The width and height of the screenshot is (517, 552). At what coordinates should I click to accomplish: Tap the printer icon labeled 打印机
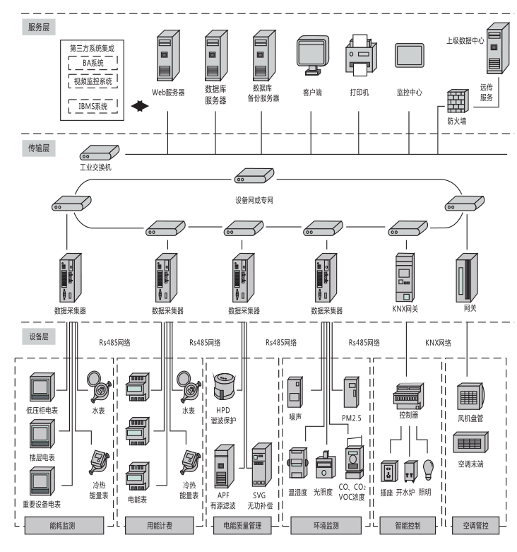coord(359,57)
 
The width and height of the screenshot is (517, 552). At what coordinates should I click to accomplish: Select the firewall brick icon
coord(456,100)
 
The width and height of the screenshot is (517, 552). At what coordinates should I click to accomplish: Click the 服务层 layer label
coord(39,26)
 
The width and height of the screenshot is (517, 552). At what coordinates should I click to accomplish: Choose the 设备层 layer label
coord(39,336)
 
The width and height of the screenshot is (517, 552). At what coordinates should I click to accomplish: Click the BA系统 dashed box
coord(93,63)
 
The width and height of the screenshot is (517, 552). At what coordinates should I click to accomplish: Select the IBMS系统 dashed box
coord(93,106)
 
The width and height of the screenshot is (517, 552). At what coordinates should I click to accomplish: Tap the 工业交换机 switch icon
coord(99,153)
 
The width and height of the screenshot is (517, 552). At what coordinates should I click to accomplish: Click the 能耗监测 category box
coord(64,524)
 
